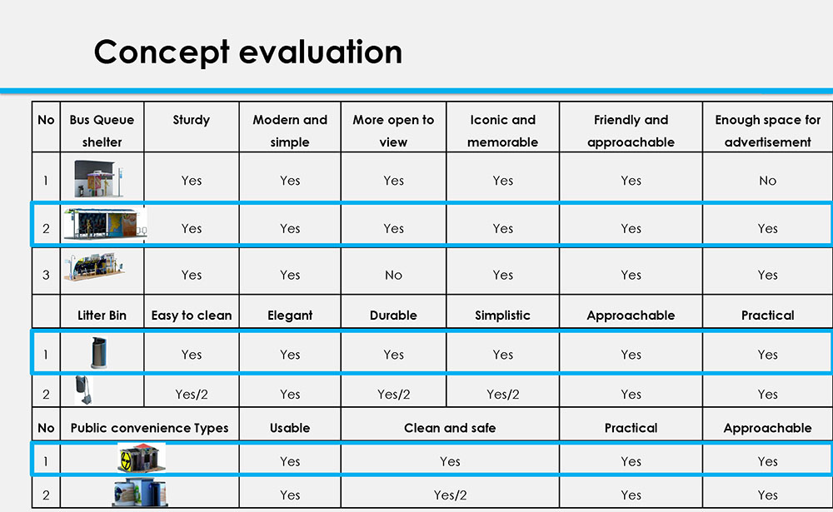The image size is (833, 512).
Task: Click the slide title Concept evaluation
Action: (x=247, y=52)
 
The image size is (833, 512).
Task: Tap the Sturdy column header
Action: (x=191, y=120)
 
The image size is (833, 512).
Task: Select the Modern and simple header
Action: (x=290, y=131)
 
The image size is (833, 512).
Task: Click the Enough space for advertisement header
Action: (x=767, y=131)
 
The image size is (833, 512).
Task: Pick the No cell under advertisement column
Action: (x=767, y=181)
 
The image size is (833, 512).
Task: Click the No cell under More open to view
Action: (x=393, y=275)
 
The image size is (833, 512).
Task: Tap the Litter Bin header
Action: (x=102, y=316)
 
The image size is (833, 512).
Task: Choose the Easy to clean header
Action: (x=191, y=316)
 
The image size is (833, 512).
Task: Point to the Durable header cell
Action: (x=393, y=316)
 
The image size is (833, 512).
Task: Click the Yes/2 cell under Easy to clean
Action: (x=191, y=395)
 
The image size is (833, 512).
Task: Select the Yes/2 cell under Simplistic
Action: (x=502, y=395)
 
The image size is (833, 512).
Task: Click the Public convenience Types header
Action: (x=149, y=428)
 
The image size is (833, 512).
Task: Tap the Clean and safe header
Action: (x=450, y=428)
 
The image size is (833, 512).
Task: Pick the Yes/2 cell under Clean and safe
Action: (x=450, y=495)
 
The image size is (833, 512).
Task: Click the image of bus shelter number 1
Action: (x=99, y=179)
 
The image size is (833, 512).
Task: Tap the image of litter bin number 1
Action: (x=98, y=353)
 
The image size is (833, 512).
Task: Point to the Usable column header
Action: (x=290, y=428)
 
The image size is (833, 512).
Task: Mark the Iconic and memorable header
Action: (x=502, y=131)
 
